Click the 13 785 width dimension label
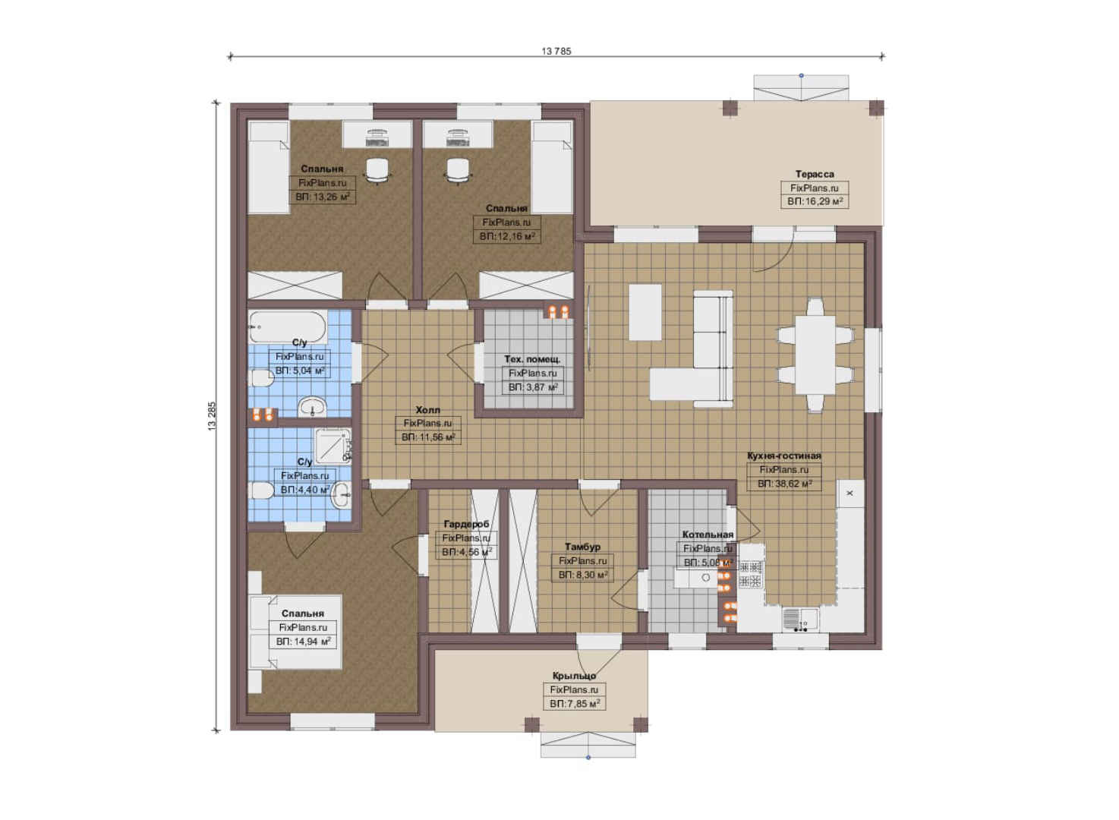point(556,51)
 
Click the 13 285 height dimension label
point(213,416)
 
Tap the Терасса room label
point(815,174)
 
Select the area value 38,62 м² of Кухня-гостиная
point(784,484)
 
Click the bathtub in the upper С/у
point(287,326)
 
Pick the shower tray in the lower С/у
point(333,445)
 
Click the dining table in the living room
point(815,355)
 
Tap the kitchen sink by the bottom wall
point(800,619)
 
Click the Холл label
point(428,410)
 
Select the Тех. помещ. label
point(532,359)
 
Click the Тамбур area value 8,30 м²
point(583,576)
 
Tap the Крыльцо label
point(574,676)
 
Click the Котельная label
point(708,535)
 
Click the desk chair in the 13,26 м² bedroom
point(377,171)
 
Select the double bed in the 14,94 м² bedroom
point(295,632)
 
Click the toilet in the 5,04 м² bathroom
point(260,379)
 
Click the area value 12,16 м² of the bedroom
point(507,236)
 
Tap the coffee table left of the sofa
point(645,312)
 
